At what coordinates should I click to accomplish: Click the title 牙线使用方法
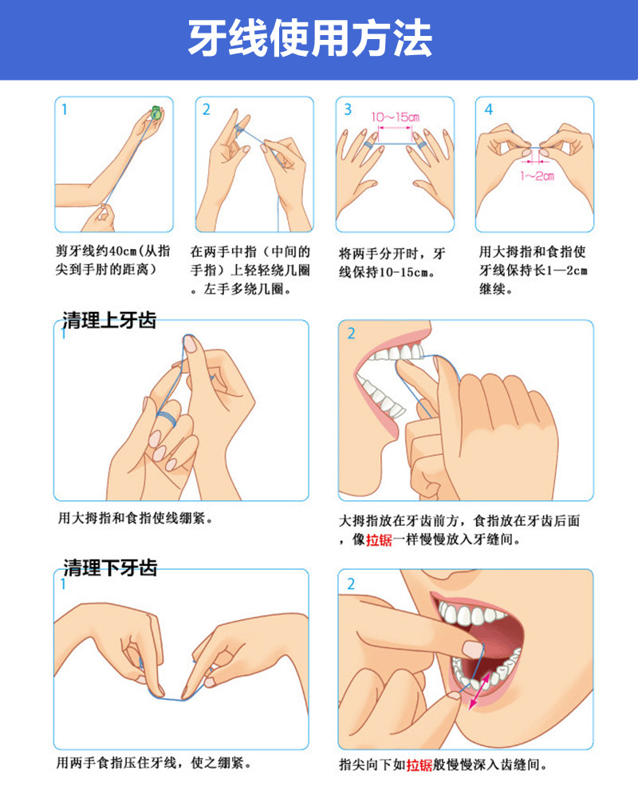click(x=310, y=38)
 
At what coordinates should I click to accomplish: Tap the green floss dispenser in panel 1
click(x=156, y=113)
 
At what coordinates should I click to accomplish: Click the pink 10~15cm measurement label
click(x=395, y=117)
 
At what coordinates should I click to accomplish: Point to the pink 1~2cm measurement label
click(x=538, y=176)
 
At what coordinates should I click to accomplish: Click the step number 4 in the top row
click(x=488, y=109)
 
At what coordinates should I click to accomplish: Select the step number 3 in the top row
click(x=348, y=109)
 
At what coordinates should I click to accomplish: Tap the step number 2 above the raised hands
click(x=206, y=109)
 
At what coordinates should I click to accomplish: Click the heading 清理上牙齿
click(x=109, y=320)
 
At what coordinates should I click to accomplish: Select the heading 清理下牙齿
click(x=110, y=567)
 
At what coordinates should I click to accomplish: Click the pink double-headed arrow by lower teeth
click(x=479, y=690)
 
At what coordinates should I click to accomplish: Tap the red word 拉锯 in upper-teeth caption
click(x=379, y=539)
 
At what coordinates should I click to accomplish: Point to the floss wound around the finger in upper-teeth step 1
click(x=167, y=419)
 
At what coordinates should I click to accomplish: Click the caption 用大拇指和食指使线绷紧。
click(x=136, y=518)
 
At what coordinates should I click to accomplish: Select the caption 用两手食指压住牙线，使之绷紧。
click(x=154, y=762)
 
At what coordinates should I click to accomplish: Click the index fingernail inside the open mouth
click(x=473, y=650)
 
